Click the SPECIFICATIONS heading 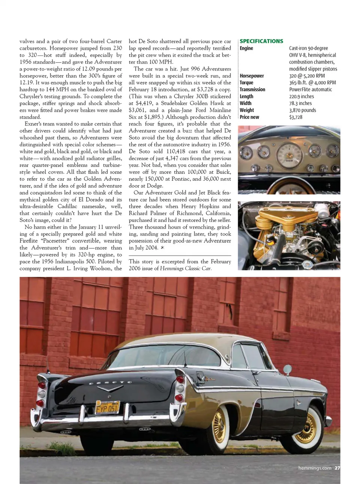[x=261, y=41]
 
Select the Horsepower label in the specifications [x=252, y=76]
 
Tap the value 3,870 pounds [x=302, y=110]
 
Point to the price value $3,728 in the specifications [x=295, y=117]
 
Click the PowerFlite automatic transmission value [x=310, y=90]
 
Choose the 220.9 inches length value [x=301, y=96]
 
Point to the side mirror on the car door [x=287, y=370]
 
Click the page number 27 [x=337, y=468]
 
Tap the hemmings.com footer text [x=315, y=468]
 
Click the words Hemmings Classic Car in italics [x=185, y=269]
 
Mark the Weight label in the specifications [x=247, y=110]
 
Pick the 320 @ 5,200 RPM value [x=307, y=76]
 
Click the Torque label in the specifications [x=246, y=83]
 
